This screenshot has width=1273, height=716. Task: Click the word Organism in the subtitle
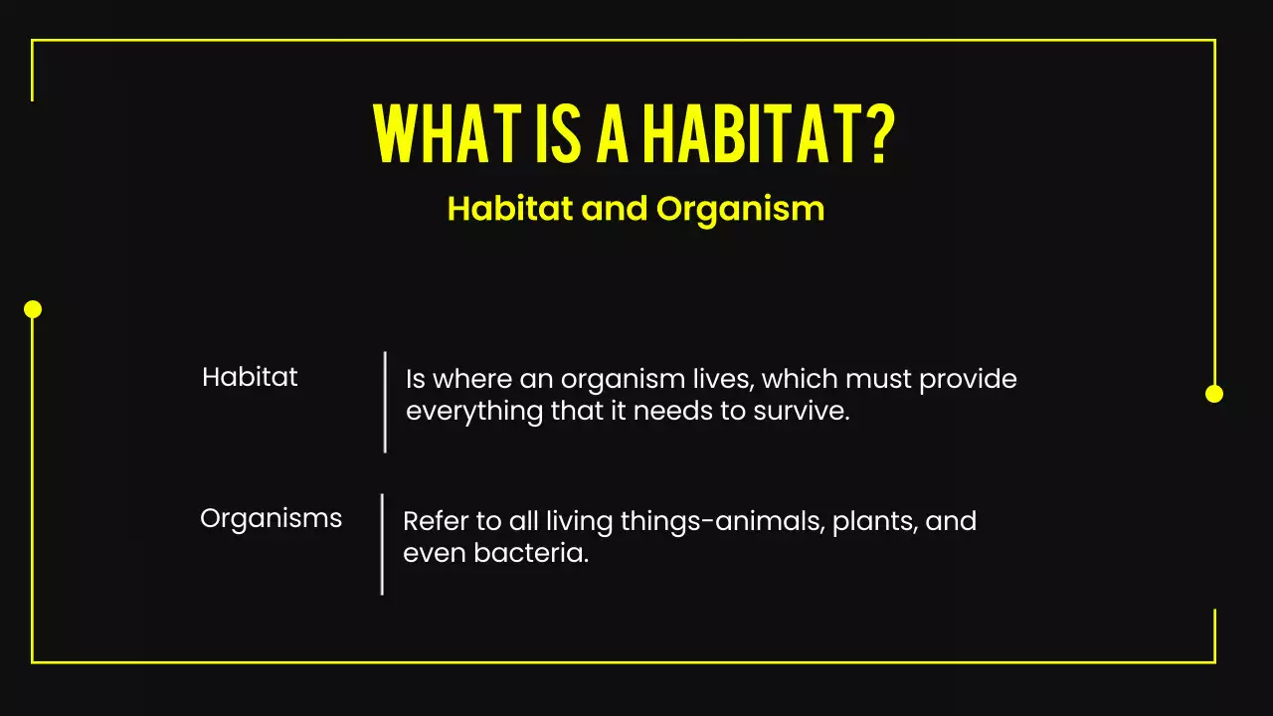(740, 210)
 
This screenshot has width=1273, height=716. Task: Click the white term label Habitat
(250, 378)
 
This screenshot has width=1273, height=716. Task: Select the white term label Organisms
(271, 518)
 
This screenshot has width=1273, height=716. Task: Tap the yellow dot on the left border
(33, 309)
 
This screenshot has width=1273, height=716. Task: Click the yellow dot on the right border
(1213, 394)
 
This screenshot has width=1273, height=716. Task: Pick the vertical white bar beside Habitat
(385, 402)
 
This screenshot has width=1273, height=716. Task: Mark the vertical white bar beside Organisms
(382, 544)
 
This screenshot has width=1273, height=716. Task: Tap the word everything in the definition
(474, 412)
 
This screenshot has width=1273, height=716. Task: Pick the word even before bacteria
(434, 553)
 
